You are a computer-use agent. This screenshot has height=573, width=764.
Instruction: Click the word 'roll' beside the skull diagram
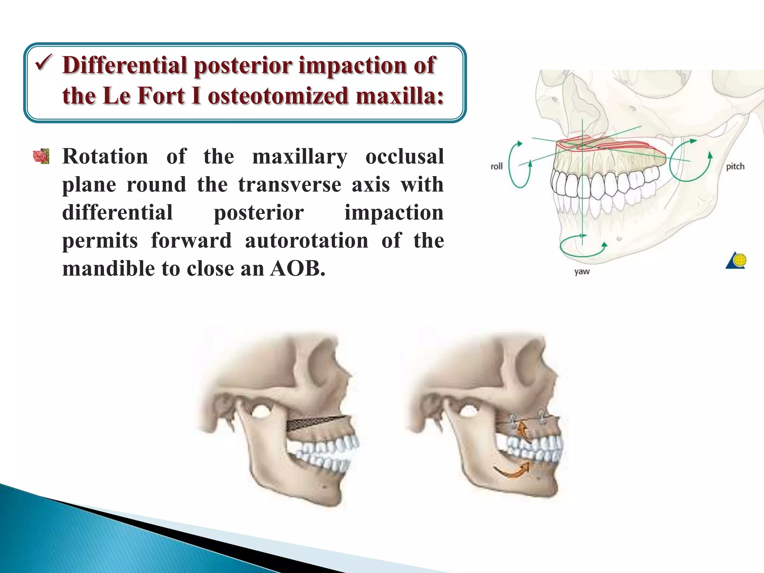pyautogui.click(x=497, y=166)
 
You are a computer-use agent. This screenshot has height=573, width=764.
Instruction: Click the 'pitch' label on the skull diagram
pyautogui.click(x=735, y=166)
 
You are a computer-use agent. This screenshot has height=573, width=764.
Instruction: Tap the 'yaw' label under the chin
pyautogui.click(x=582, y=271)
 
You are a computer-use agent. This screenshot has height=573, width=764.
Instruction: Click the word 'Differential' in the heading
pyautogui.click(x=125, y=65)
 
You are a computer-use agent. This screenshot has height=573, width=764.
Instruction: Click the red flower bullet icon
pyautogui.click(x=41, y=156)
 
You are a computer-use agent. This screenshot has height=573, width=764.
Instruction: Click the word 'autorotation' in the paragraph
pyautogui.click(x=306, y=240)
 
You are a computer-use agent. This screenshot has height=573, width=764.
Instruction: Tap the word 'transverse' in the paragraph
pyautogui.click(x=289, y=184)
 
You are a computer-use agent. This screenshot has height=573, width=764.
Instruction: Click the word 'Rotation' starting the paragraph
pyautogui.click(x=105, y=156)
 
